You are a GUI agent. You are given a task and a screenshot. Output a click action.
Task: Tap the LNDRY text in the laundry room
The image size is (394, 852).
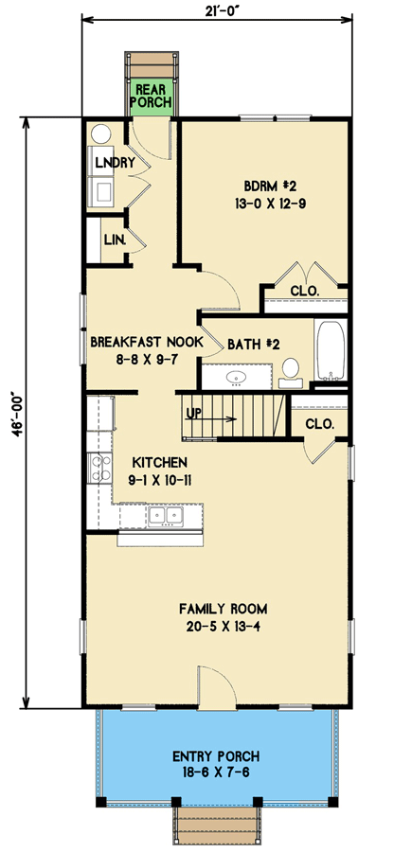[112, 162]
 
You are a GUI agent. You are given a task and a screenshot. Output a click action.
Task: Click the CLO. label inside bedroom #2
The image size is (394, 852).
[303, 290]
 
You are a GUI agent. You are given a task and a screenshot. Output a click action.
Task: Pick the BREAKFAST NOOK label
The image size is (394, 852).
[145, 342]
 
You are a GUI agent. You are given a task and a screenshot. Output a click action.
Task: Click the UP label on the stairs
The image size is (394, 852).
[194, 414]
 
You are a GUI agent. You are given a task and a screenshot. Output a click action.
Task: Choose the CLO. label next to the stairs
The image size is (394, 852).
[319, 424]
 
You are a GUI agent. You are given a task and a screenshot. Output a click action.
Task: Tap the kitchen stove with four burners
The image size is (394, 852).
[98, 466]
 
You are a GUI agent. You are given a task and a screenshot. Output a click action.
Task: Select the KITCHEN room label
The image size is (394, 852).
[160, 462]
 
